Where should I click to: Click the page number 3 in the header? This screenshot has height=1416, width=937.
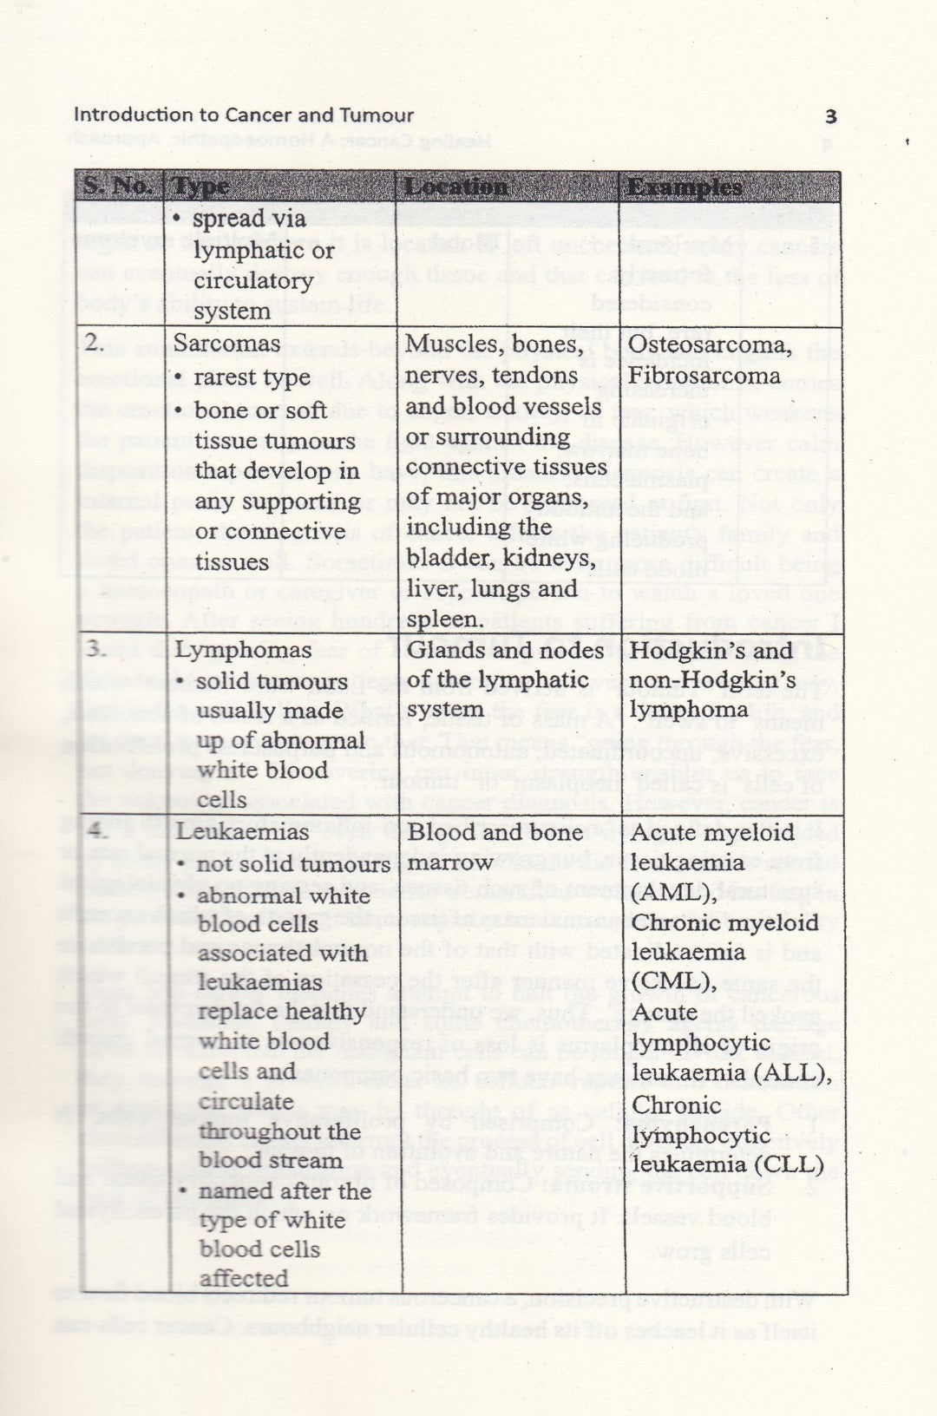(830, 117)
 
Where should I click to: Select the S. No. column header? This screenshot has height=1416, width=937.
(118, 187)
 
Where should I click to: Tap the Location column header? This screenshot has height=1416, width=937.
(455, 187)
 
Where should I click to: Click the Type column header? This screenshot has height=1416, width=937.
(201, 187)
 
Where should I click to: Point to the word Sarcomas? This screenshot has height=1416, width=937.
(227, 344)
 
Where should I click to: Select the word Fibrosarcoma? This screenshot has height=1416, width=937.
(704, 376)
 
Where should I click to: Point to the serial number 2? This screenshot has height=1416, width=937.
(95, 343)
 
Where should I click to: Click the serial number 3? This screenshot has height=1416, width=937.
(96, 650)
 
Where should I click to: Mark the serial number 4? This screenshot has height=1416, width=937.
(97, 832)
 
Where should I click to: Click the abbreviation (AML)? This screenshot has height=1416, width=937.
(672, 893)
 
